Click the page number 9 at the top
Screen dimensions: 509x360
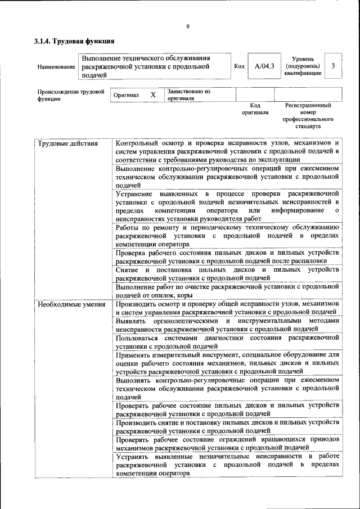[187, 27]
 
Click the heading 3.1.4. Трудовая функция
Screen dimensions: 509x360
[74, 41]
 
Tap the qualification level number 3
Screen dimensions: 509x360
[333, 66]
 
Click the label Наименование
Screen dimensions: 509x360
[56, 67]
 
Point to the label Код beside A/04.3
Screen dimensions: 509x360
[239, 66]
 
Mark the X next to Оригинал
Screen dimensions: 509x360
[152, 95]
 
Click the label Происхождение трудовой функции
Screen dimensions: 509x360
[70, 94]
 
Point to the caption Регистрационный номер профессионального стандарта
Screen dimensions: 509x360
[308, 116]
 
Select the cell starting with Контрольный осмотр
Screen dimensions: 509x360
[227, 151]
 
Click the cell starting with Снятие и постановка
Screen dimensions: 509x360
[227, 274]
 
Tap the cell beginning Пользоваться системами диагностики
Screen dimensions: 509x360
[227, 341]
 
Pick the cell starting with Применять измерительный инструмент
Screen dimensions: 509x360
[227, 363]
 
